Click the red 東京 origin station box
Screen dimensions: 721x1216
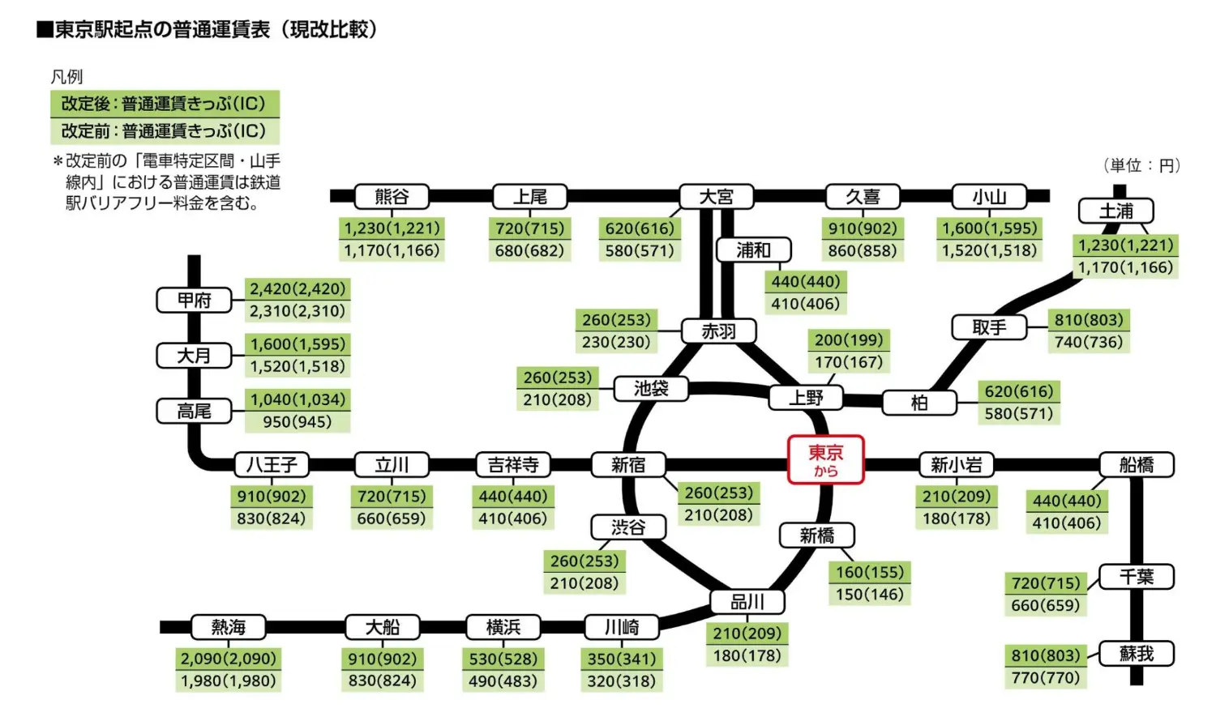coord(825,459)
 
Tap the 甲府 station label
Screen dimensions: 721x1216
coord(195,300)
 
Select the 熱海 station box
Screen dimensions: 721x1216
coord(228,627)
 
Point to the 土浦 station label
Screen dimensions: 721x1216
coord(1115,211)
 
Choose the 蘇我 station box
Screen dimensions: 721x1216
coord(1136,654)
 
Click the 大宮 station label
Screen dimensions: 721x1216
coord(716,197)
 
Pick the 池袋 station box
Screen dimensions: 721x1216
coord(651,389)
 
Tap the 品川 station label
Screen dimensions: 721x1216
coord(747,602)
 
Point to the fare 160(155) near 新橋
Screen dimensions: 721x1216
coord(869,572)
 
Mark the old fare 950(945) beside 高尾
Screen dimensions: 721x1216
coord(297,422)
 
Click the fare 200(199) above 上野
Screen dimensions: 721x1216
coord(849,340)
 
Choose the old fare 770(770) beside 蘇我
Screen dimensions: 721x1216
coord(1046,677)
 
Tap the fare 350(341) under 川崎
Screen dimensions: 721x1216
coord(622,659)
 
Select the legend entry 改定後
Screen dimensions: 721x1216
coord(164,104)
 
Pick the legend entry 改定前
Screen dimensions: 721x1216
coord(164,130)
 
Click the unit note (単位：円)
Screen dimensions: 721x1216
coord(1141,165)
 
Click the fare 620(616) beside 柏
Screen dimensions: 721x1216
coord(1019,391)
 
